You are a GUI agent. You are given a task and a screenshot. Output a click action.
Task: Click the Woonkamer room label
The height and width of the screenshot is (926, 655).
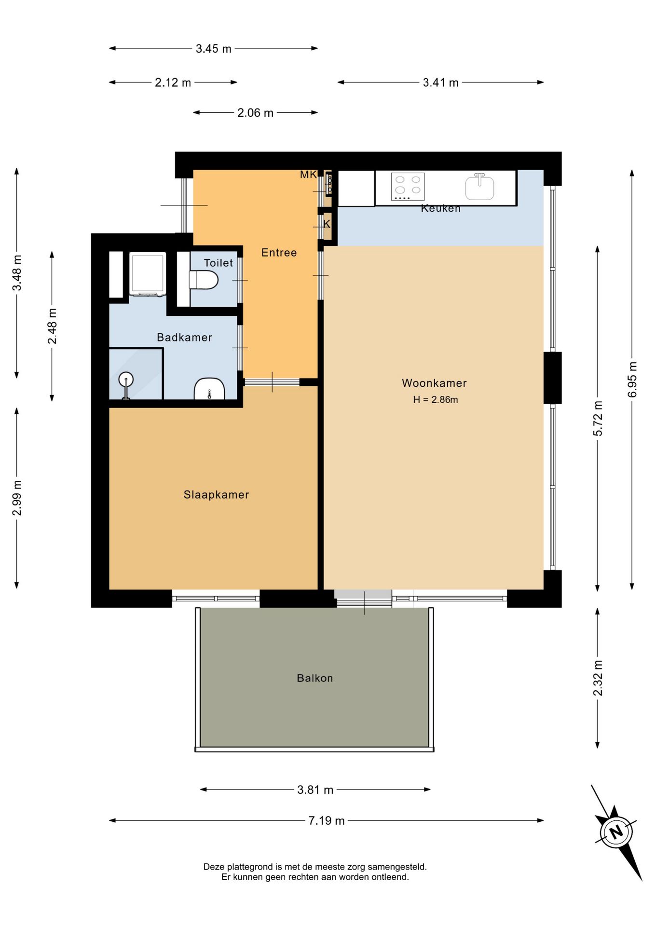pyautogui.click(x=434, y=383)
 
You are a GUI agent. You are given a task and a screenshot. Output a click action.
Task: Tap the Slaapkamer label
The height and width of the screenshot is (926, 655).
pyautogui.click(x=216, y=494)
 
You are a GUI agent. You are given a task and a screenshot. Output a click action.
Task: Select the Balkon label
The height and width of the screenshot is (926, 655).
pyautogui.click(x=315, y=678)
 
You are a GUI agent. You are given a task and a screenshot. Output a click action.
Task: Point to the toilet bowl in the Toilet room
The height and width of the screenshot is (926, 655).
pyautogui.click(x=204, y=280)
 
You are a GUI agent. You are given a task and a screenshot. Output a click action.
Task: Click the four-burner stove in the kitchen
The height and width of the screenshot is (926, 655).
pyautogui.click(x=408, y=187)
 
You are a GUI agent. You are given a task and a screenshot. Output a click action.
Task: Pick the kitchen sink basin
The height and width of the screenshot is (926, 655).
pyautogui.click(x=479, y=187)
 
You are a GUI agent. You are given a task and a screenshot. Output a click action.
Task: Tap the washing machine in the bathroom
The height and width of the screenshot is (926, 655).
pyautogui.click(x=148, y=274)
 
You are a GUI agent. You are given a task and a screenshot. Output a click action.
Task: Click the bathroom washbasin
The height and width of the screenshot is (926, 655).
pyautogui.click(x=209, y=389)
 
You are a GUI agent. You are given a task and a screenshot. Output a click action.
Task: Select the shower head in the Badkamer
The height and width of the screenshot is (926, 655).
pyautogui.click(x=126, y=380)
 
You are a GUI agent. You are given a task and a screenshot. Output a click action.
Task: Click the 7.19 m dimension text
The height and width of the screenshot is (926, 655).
pyautogui.click(x=327, y=820)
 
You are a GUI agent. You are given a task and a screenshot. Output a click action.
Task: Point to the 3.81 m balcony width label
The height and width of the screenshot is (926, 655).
pyautogui.click(x=315, y=790)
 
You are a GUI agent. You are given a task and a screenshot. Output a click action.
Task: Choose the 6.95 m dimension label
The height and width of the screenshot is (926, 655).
pyautogui.click(x=632, y=380)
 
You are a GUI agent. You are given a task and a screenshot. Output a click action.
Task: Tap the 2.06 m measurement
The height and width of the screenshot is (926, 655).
pyautogui.click(x=255, y=113)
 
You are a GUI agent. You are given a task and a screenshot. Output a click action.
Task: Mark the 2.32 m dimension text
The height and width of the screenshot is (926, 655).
pyautogui.click(x=598, y=678)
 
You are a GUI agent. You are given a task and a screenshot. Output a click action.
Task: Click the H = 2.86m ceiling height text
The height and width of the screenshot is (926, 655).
pyautogui.click(x=436, y=399)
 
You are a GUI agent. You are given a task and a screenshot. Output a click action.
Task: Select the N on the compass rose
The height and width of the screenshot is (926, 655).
pyautogui.click(x=615, y=832)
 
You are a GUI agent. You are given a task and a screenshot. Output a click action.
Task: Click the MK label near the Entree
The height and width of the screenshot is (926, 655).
pyautogui.click(x=308, y=175)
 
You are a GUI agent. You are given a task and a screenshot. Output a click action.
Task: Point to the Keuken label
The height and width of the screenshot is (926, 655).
pyautogui.click(x=440, y=208)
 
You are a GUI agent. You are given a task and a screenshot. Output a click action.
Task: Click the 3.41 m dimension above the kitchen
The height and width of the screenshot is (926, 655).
pyautogui.click(x=441, y=82)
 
